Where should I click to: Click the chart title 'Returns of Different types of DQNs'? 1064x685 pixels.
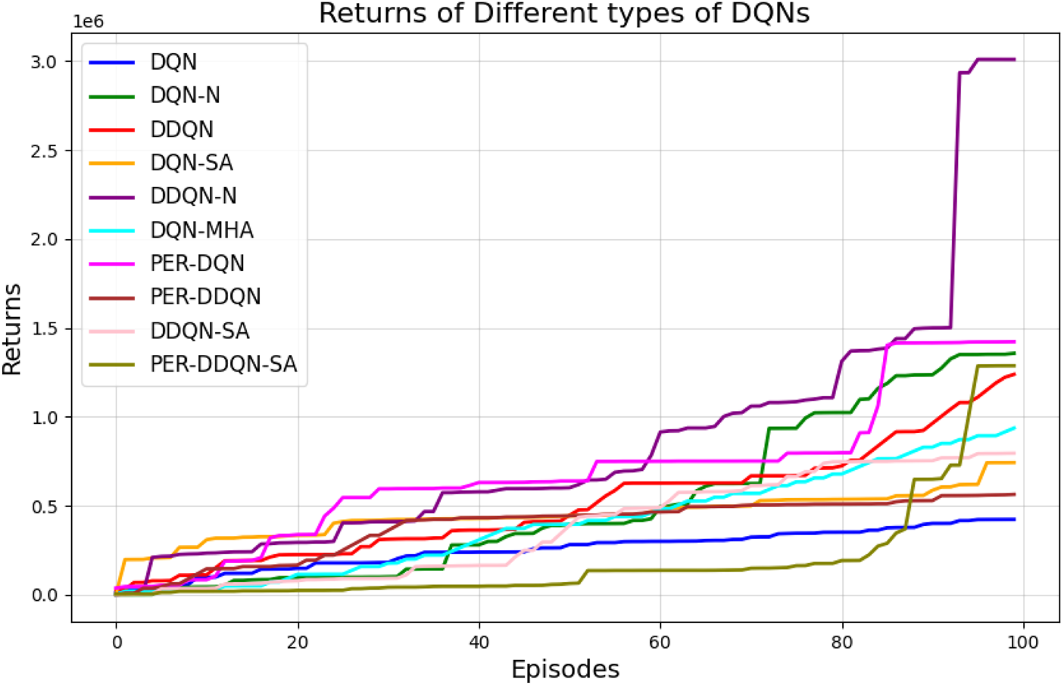tap(564, 14)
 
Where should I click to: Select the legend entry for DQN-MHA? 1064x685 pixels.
tap(201, 230)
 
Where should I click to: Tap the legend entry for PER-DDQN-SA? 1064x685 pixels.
tap(223, 364)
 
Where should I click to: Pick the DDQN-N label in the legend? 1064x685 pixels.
tap(193, 196)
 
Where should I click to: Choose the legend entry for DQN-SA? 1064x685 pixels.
tap(192, 163)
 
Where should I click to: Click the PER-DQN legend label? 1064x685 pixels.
tap(197, 263)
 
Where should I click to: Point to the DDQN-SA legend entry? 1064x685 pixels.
tap(200, 331)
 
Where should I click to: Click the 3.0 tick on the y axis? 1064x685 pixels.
tap(44, 62)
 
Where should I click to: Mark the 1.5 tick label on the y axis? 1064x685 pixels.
tap(44, 329)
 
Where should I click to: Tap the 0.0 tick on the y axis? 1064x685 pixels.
tap(44, 596)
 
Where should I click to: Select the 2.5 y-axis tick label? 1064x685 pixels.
tap(44, 151)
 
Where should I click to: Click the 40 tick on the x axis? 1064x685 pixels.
tap(479, 643)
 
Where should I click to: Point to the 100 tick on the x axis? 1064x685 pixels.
tap(1023, 643)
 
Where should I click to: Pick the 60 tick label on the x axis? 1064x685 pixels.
tap(660, 643)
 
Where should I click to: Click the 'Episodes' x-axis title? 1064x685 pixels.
tap(565, 669)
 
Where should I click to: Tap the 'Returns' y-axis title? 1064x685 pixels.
tap(12, 329)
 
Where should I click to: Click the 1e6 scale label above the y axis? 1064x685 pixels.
tap(88, 22)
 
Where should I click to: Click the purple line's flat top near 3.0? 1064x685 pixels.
tap(996, 59)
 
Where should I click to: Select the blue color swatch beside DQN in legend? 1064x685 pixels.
tap(112, 62)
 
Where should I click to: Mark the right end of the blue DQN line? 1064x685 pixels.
tap(1014, 519)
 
